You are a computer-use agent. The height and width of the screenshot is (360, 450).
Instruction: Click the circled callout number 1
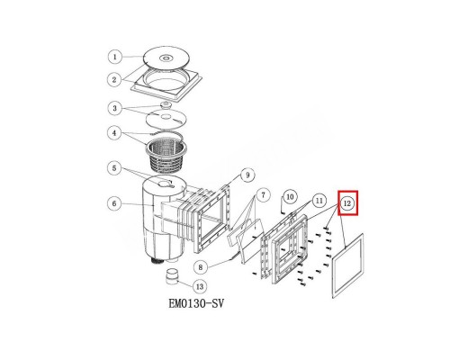[x=115, y=57]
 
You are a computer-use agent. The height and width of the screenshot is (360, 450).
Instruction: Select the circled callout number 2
[x=115, y=80]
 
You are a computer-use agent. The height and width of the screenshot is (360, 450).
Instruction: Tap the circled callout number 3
[x=115, y=108]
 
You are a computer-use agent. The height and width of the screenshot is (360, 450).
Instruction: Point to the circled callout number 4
[x=115, y=133]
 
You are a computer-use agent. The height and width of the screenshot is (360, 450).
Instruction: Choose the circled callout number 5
[x=115, y=168]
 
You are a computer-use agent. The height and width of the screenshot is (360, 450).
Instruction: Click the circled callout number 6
[x=115, y=203]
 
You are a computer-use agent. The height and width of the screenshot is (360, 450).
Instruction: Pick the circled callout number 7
[x=263, y=195]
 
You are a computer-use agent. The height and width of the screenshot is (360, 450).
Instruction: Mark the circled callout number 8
[x=201, y=267]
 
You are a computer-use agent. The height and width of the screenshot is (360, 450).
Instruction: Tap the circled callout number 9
[x=247, y=175]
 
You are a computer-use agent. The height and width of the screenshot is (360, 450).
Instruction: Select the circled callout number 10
[x=290, y=197]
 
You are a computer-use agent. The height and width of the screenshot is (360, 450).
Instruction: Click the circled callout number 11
[x=319, y=201]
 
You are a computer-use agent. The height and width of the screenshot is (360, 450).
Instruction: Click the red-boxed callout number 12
[x=347, y=203]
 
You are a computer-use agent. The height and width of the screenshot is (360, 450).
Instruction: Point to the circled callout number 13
[x=200, y=287]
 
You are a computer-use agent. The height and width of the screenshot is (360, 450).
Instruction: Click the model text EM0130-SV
[x=196, y=303]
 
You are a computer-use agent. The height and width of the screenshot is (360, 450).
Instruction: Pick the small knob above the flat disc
[x=166, y=105]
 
